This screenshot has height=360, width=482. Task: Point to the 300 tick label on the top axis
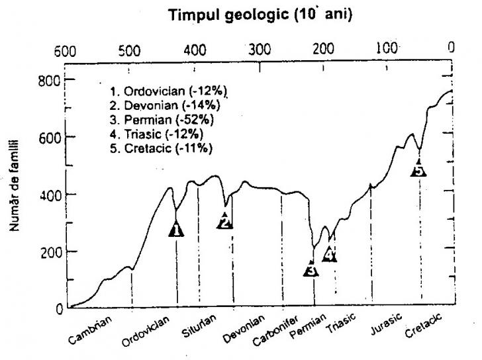(260, 50)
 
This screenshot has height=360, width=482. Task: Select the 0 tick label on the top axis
(450, 49)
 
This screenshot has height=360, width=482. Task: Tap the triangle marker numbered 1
(176, 230)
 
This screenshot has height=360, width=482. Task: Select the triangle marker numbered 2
(225, 222)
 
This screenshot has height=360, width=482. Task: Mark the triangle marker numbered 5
(418, 169)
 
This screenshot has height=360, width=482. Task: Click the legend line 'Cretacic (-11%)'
(164, 148)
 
